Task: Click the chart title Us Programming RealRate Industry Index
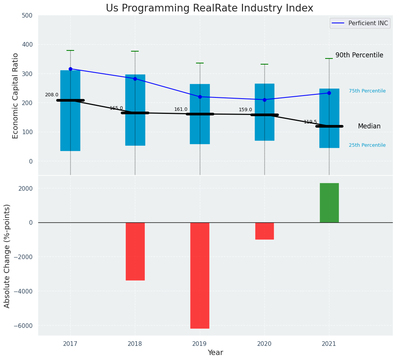tap(209, 8)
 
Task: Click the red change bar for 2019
tap(200, 275)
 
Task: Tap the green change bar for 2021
tap(329, 203)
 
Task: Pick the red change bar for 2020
tap(264, 231)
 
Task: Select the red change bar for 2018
tap(135, 251)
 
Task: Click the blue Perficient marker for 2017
tap(70, 69)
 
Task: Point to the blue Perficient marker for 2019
tap(200, 97)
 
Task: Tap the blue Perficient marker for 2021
tap(329, 93)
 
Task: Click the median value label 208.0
tap(52, 95)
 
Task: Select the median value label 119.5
tap(310, 122)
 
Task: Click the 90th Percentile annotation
tap(359, 55)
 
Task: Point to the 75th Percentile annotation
tap(367, 91)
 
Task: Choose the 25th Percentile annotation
tap(367, 145)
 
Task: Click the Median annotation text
tap(369, 126)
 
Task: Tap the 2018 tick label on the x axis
tap(135, 344)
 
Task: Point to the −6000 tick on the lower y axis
tap(24, 326)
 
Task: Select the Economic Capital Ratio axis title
tap(16, 96)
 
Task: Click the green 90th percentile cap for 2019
tap(200, 63)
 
